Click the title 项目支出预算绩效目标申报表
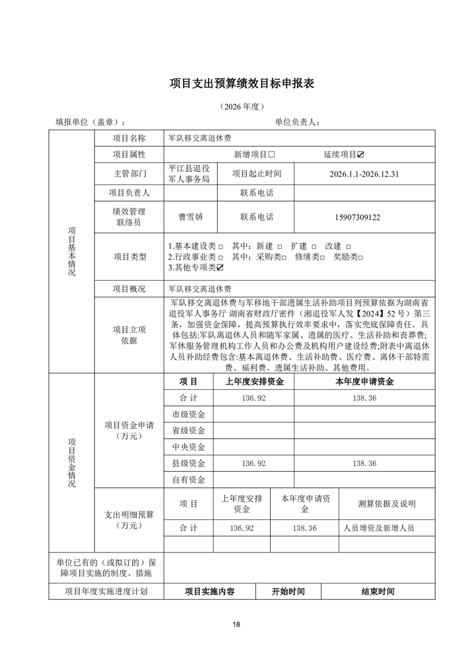click(x=242, y=83)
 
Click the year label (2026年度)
click(x=242, y=106)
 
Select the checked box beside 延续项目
click(x=360, y=155)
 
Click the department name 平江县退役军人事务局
click(x=189, y=174)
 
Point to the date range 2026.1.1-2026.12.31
click(x=364, y=174)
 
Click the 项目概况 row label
click(x=129, y=289)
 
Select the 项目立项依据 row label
click(x=129, y=335)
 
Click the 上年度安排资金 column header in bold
click(x=254, y=381)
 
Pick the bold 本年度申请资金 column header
click(x=364, y=381)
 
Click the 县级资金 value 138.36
click(x=364, y=464)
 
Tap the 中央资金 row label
click(x=188, y=447)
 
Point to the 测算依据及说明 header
click(x=387, y=503)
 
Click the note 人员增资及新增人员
click(x=379, y=529)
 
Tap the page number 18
click(x=236, y=624)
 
